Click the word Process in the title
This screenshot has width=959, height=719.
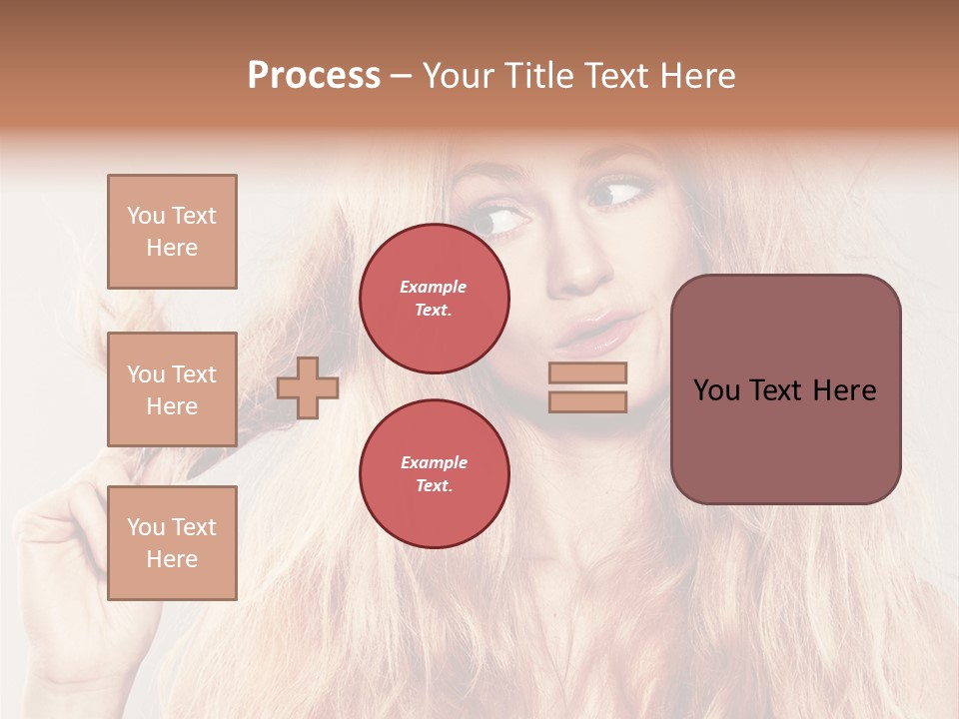314,76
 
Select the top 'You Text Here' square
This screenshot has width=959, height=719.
172,232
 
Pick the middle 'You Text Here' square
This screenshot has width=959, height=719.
172,389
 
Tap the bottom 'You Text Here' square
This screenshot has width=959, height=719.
172,542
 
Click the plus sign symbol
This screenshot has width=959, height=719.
308,387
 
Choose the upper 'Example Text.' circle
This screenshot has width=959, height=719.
435,298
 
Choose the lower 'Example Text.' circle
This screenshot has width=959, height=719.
435,473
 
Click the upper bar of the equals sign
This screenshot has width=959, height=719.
588,372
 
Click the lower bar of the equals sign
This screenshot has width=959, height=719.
588,401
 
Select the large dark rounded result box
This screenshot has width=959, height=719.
785,389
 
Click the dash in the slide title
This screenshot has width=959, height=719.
402,76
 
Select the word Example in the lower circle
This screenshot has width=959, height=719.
434,462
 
